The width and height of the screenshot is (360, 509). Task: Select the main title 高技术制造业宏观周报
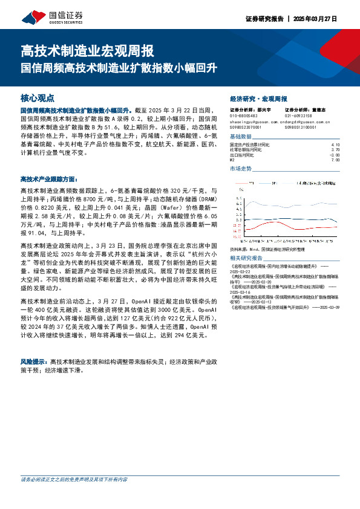point(87,50)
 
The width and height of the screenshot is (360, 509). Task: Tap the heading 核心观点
point(38,97)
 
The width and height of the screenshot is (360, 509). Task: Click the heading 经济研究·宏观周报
point(259,99)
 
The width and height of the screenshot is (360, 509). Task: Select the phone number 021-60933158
point(298,115)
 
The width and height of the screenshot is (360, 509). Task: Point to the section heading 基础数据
point(241,138)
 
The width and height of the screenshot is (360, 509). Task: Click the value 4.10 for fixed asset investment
point(336,145)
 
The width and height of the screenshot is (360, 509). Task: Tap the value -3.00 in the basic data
point(335,155)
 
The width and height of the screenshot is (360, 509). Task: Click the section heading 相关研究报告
point(246,258)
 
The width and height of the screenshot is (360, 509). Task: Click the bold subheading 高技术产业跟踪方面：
point(49,180)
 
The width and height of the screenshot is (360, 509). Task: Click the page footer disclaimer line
point(74,496)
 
